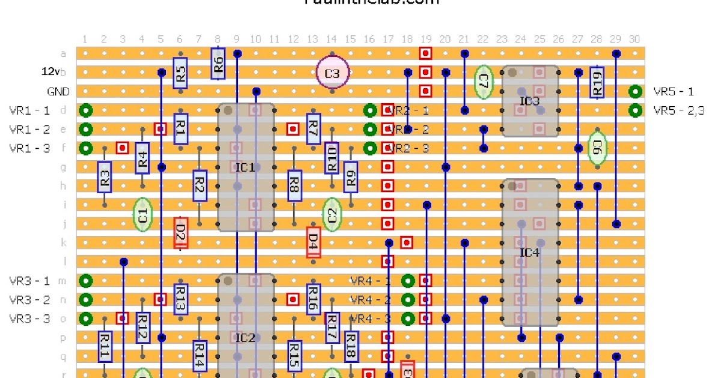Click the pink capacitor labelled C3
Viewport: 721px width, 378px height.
(x=332, y=73)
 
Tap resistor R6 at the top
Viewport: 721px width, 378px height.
(x=218, y=63)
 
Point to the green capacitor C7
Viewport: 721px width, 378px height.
(x=483, y=82)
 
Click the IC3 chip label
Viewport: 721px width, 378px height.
(x=529, y=101)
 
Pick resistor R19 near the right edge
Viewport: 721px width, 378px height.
(x=597, y=82)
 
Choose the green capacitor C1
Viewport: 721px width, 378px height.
(x=142, y=214)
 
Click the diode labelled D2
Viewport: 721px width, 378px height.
(x=180, y=233)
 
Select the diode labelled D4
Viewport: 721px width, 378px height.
(x=312, y=242)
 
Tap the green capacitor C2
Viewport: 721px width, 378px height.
(x=332, y=214)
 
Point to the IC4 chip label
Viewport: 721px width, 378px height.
(x=529, y=252)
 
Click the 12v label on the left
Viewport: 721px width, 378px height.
(x=50, y=72)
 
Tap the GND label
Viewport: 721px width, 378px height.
(x=58, y=92)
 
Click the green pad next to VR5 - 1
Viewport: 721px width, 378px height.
(x=634, y=92)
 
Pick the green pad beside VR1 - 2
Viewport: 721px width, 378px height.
(x=86, y=129)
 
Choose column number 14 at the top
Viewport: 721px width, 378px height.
(x=331, y=39)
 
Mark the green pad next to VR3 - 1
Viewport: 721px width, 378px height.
(x=86, y=280)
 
